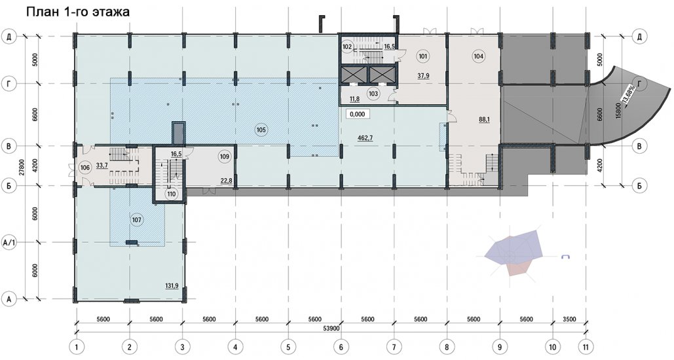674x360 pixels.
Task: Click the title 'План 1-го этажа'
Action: [78, 12]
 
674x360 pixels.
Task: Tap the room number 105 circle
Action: [261, 129]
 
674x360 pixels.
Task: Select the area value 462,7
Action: [365, 138]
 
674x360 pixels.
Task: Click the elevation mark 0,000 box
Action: [358, 114]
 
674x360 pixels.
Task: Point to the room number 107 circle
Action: [137, 220]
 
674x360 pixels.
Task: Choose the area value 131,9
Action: [172, 285]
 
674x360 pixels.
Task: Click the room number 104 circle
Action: [478, 56]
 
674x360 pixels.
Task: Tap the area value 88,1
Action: [485, 120]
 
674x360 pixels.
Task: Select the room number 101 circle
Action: [423, 56]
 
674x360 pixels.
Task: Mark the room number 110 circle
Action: [171, 194]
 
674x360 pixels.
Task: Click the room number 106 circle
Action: [85, 168]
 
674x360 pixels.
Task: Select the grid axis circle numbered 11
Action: [585, 346]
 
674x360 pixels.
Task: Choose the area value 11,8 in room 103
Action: [354, 99]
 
